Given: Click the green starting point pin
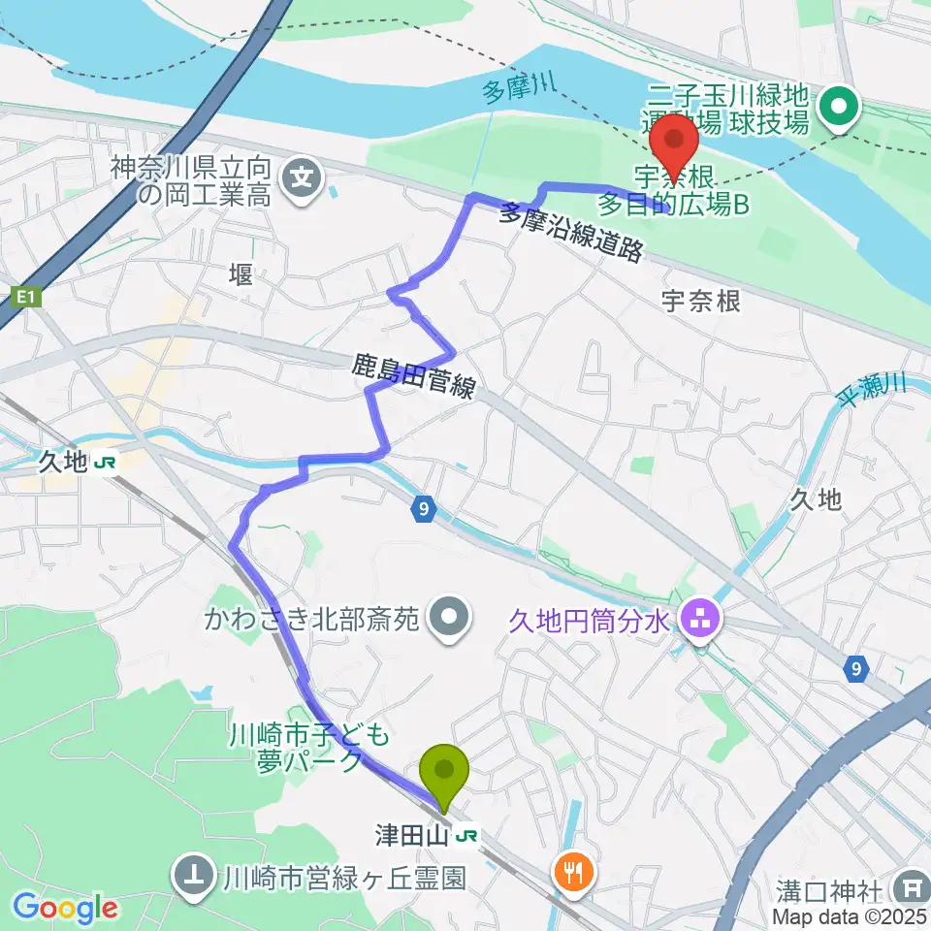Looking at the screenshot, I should coord(445,773).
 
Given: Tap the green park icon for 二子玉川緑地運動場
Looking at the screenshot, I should coord(837,108).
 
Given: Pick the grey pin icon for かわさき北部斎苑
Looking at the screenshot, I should coord(449,617).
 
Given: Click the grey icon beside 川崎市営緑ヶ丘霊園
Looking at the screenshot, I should coord(194,879).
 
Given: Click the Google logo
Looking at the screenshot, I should coord(65,909).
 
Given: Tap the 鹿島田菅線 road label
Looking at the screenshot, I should coord(414,377).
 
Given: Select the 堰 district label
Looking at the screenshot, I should coord(241,275).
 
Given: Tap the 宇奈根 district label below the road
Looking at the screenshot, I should coord(700,302).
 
